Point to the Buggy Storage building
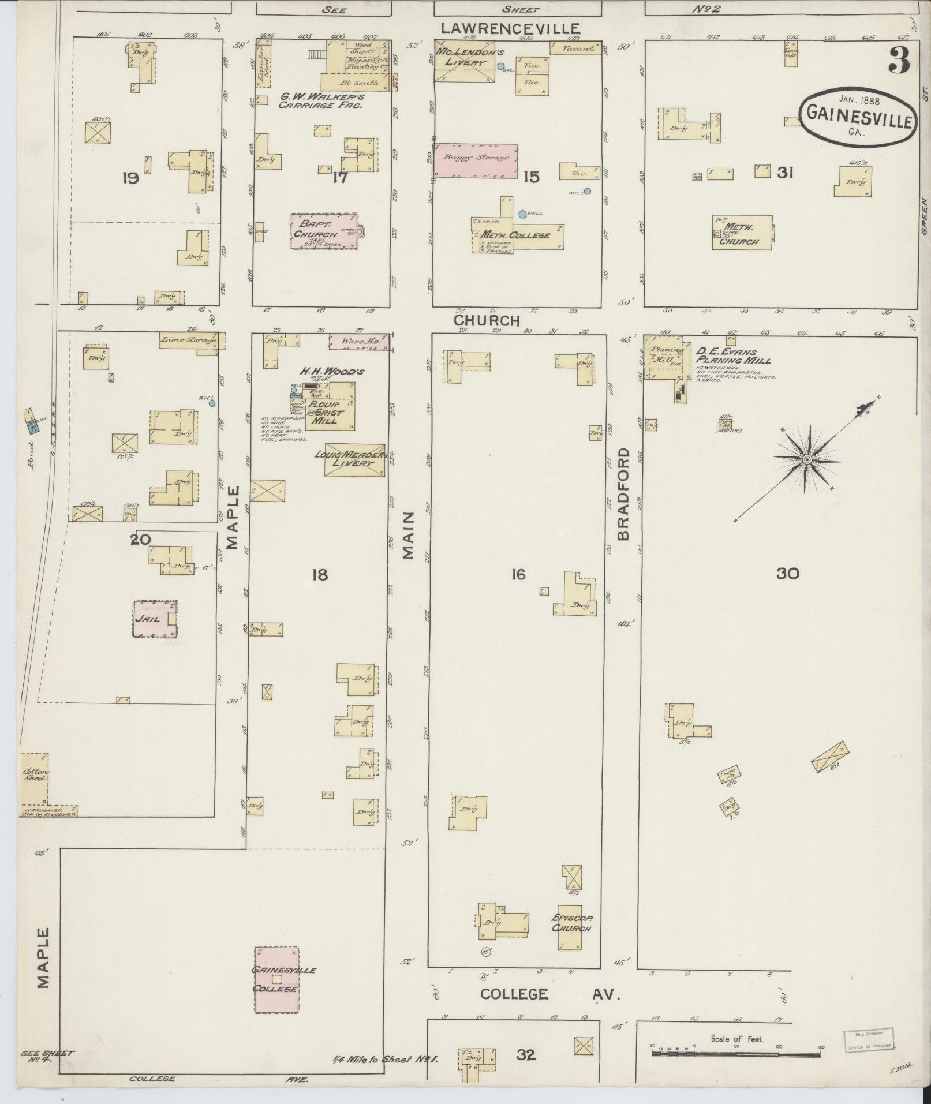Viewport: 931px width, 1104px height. (476, 161)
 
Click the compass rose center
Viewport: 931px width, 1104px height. (806, 459)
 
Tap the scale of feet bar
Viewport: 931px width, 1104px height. (736, 1054)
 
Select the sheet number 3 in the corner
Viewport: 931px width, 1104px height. (899, 60)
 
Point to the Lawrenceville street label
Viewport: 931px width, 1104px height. (510, 28)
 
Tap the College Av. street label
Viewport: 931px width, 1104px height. (549, 994)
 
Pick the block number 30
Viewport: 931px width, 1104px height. (787, 573)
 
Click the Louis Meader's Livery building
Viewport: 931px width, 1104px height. (354, 459)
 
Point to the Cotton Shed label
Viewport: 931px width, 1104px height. (35, 774)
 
